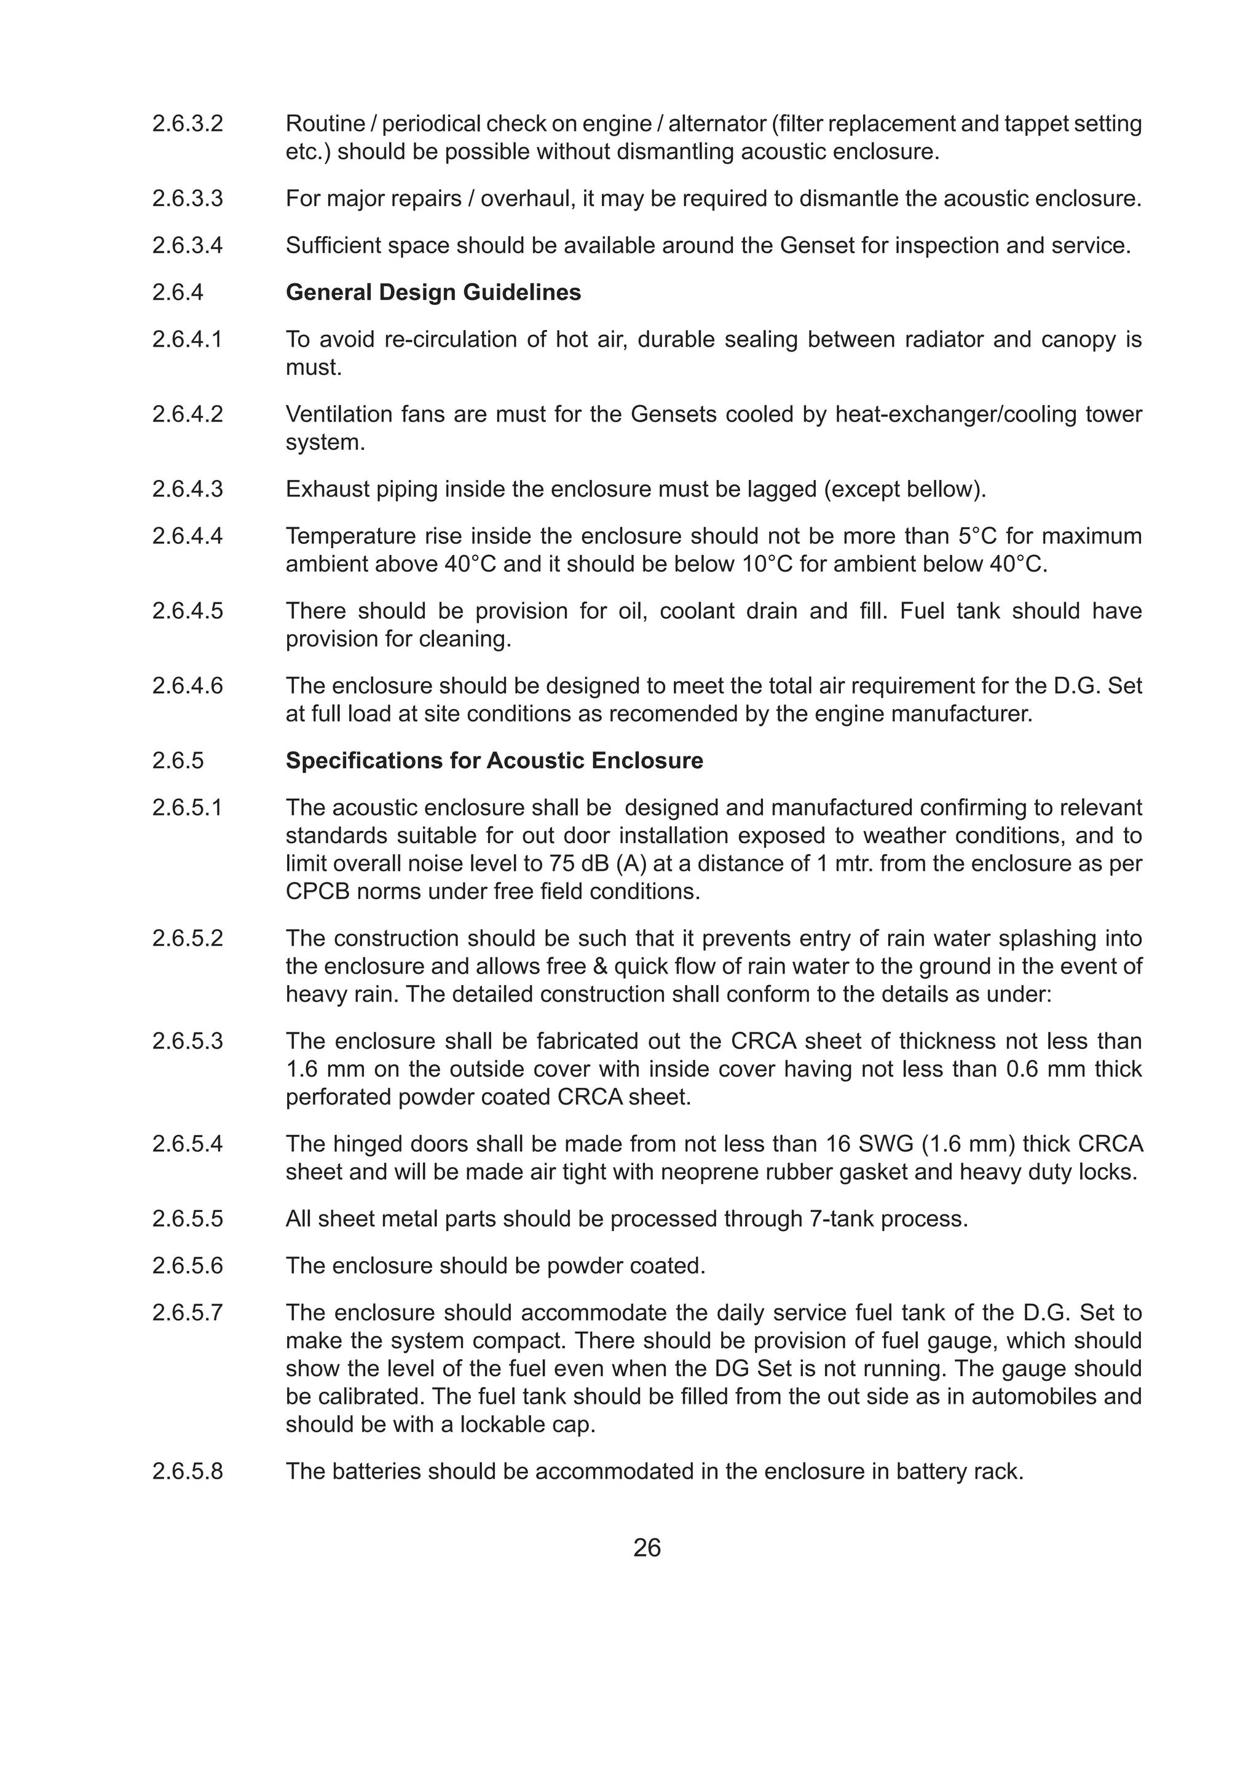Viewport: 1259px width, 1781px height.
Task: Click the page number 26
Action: pos(647,1547)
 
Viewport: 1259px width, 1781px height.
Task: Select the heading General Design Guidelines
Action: pos(433,293)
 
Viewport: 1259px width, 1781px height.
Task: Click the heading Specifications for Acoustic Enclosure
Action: pos(494,760)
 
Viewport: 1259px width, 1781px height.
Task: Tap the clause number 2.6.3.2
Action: pos(187,124)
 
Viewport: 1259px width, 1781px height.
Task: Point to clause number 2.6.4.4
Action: pos(187,536)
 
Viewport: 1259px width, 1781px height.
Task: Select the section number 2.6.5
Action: pos(178,760)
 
